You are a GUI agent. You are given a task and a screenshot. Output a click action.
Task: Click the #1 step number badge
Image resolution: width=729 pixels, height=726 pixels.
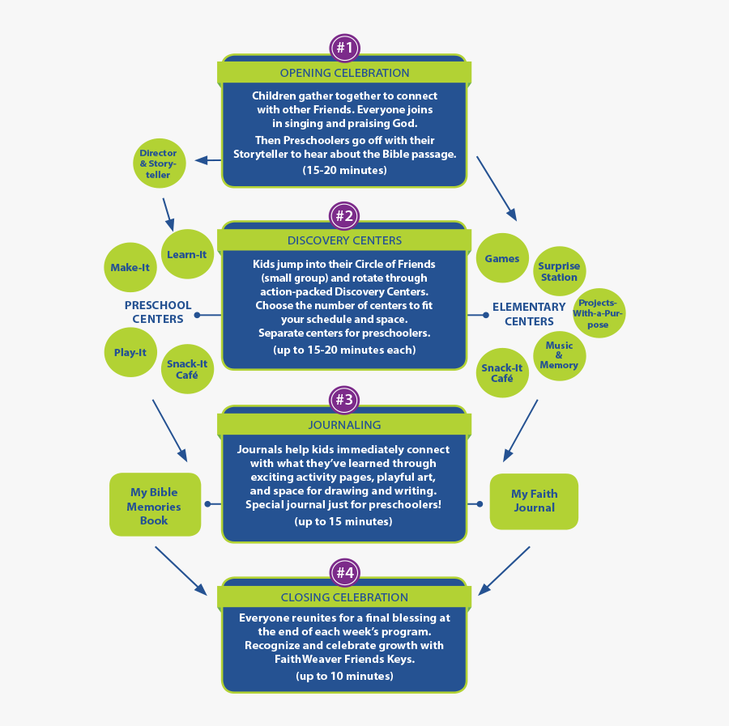point(345,48)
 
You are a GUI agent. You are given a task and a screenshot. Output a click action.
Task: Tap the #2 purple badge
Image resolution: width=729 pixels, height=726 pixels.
point(345,216)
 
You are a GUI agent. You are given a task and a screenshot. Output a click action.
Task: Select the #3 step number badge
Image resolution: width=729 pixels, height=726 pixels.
point(345,399)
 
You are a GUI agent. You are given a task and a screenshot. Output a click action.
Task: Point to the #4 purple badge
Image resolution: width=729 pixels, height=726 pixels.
point(345,573)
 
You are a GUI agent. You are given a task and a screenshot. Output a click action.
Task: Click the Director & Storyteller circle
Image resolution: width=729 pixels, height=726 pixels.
point(159,163)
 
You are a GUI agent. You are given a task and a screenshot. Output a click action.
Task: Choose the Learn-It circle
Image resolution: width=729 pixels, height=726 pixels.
point(187,255)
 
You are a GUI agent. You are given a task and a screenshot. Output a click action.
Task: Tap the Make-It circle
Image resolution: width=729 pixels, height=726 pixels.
point(130,267)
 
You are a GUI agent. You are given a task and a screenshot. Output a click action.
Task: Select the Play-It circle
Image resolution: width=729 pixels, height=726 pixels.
point(130,353)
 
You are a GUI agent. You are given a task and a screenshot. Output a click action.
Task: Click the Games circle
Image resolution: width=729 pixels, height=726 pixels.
point(502,259)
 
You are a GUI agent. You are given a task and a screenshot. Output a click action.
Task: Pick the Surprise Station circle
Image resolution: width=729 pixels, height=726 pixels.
point(559,271)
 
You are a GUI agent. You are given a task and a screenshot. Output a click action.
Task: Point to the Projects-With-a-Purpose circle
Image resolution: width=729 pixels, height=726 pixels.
point(599,313)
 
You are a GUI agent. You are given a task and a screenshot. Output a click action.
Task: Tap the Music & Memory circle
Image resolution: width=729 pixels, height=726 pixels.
point(559,355)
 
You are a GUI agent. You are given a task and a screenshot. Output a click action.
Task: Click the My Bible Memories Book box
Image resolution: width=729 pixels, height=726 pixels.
point(154,506)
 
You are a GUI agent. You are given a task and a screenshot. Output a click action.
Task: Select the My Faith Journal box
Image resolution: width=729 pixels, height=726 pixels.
point(534,501)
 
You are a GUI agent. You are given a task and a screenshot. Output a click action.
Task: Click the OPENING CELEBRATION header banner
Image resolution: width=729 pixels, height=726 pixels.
point(344,73)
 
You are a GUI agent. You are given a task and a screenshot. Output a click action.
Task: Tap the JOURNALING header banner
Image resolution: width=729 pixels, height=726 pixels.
point(344,425)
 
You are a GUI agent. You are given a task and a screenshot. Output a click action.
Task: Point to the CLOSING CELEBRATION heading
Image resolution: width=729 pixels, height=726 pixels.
point(344,597)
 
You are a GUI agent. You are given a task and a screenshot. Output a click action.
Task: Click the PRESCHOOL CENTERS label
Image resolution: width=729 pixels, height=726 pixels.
point(158,312)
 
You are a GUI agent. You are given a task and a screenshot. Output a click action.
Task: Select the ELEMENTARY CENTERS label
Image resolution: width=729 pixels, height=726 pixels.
point(529,314)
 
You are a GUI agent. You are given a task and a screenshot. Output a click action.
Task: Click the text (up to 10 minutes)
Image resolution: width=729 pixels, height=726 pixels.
point(344,675)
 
